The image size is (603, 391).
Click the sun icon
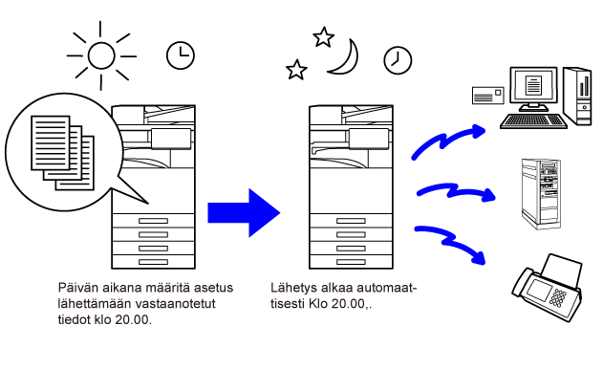tap(101, 55)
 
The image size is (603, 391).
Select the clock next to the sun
tap(181, 55)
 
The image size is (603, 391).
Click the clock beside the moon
tap(398, 60)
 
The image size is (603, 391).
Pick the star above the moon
tap(323, 37)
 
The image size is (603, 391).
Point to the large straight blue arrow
tap(244, 212)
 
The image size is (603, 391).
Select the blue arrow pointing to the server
tap(456, 191)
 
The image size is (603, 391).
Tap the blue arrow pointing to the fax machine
tap(450, 242)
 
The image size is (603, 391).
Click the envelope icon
tap(488, 96)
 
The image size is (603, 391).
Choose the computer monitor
tap(533, 89)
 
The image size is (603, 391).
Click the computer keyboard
tap(533, 120)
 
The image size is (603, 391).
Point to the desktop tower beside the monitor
tap(577, 97)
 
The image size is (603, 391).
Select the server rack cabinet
tap(541, 194)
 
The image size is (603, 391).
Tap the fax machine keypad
tap(558, 298)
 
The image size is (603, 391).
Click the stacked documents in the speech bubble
tap(63, 153)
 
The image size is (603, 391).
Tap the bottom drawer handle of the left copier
tap(153, 262)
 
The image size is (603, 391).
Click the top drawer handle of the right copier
tap(351, 221)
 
